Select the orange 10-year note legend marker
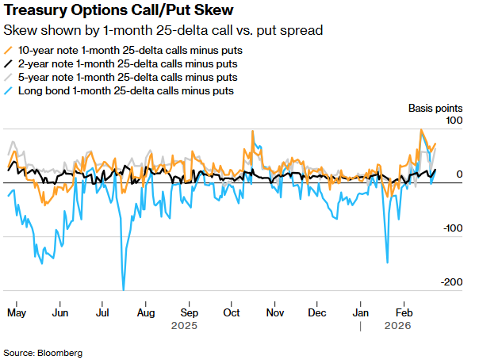(9, 49)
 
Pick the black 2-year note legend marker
(9, 63)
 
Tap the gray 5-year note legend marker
(9, 78)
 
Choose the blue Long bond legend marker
(9, 92)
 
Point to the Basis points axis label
(435, 107)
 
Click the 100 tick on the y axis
(454, 120)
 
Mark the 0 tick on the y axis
(458, 174)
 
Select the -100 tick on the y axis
(452, 228)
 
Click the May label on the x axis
(16, 313)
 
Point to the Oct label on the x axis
(232, 313)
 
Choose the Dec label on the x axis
(316, 313)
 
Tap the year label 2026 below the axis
(397, 326)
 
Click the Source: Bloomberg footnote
(43, 351)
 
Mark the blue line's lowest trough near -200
(124, 289)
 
